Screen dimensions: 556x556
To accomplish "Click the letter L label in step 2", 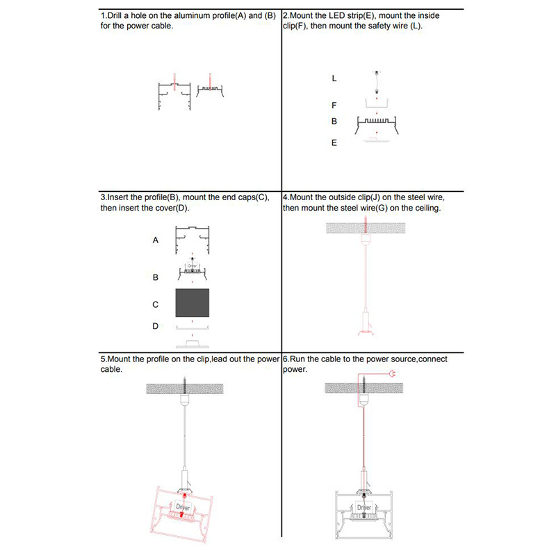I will click(334, 79).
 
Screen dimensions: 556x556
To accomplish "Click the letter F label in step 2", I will click(334, 105).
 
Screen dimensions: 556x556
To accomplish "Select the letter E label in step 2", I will click(334, 143).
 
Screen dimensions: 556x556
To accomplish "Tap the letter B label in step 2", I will click(334, 122).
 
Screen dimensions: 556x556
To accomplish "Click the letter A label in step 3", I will click(156, 240).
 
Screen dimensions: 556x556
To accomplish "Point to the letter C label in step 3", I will click(156, 304).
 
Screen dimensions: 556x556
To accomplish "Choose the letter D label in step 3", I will click(156, 325).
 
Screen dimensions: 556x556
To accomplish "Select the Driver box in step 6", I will click(365, 509).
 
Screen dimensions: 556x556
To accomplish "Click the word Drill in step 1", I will click(116, 15).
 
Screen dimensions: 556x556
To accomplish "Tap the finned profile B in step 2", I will click(376, 126).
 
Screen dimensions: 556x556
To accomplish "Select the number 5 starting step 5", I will click(103, 359).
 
